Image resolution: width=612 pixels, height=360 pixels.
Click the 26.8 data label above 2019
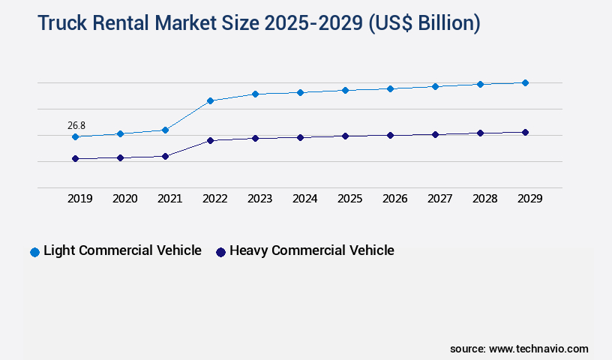point(76,125)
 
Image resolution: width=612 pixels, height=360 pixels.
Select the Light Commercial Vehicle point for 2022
point(210,100)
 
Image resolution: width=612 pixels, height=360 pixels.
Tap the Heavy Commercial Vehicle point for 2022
point(210,140)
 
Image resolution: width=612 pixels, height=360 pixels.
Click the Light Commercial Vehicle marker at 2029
point(525,82)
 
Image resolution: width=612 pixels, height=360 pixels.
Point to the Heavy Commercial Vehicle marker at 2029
point(525,132)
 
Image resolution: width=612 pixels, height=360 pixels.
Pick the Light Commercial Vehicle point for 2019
point(75,136)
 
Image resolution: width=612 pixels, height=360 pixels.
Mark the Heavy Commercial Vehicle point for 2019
point(75,158)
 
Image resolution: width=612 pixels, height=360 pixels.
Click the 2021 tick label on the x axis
point(169,199)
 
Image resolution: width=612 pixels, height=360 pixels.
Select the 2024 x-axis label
point(304,199)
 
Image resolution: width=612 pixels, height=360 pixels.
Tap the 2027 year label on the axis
point(439,199)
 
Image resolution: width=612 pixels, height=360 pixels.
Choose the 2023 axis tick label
point(259,199)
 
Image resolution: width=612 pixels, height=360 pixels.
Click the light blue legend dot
point(34,252)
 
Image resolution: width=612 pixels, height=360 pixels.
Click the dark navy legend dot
point(220,252)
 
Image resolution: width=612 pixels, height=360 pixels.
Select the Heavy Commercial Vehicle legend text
point(311,250)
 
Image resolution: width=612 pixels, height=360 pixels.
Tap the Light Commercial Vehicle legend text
point(122,250)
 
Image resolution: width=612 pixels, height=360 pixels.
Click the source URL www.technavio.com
point(538,349)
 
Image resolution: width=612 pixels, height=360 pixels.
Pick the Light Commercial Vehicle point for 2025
point(345,90)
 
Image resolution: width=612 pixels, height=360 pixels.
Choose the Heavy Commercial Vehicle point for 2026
point(390,135)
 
